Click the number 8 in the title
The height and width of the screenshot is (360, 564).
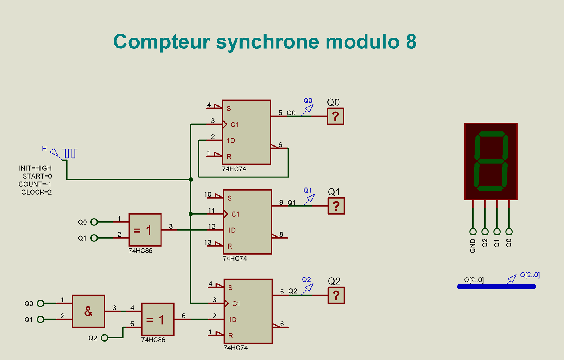tap(411, 42)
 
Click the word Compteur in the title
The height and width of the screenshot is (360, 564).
tap(161, 42)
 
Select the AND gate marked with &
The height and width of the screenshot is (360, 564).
tap(88, 311)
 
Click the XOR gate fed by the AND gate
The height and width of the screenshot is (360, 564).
tap(158, 319)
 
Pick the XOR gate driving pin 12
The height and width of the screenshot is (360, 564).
tap(145, 230)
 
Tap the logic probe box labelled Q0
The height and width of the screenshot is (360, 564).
tap(335, 116)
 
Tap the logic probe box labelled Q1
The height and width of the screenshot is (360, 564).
tap(336, 206)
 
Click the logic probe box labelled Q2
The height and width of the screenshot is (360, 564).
tap(336, 295)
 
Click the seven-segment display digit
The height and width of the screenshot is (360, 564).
tap(491, 161)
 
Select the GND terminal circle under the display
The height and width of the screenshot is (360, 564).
tap(473, 231)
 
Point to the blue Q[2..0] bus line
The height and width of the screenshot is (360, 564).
tap(496, 286)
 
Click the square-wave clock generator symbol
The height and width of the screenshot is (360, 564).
tap(70, 153)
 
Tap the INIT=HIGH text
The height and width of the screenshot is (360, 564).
tap(35, 168)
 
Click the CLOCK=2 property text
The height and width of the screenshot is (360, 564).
tap(36, 192)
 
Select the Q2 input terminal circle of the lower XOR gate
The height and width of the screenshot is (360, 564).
tap(104, 338)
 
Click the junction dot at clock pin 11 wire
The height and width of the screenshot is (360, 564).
tap(191, 214)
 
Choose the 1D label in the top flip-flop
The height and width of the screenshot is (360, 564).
tap(231, 141)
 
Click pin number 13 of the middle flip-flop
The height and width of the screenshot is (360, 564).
tap(208, 242)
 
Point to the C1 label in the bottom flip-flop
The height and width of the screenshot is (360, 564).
tap(236, 304)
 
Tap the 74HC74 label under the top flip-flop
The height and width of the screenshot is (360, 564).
tap(234, 169)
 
